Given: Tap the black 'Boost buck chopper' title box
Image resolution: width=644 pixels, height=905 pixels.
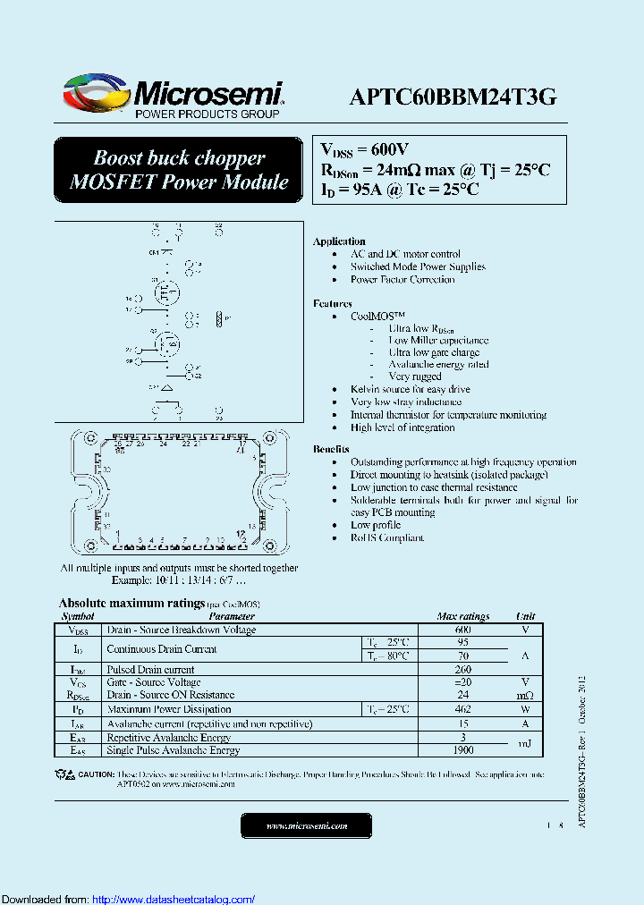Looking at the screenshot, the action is [x=179, y=170].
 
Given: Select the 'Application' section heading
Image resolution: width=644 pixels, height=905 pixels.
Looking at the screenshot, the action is [x=339, y=241].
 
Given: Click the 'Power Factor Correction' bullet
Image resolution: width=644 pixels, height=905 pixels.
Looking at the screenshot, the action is [x=402, y=280].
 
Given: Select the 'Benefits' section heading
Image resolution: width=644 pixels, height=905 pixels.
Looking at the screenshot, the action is [x=332, y=450].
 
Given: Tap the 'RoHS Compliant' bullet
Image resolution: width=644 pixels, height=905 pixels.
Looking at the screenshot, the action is [x=387, y=538].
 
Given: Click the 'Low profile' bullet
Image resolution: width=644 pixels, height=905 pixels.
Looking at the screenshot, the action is [x=376, y=526].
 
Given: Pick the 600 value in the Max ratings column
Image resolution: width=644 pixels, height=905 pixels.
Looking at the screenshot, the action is [x=462, y=630].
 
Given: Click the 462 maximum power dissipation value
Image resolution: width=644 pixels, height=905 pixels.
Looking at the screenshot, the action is [x=462, y=709].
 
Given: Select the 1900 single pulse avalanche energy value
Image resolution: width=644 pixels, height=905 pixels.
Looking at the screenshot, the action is [x=462, y=751].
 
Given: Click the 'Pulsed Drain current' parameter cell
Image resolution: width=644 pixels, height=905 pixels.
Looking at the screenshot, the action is [x=150, y=670].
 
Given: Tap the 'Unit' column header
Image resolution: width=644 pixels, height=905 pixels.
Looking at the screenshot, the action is [x=526, y=616].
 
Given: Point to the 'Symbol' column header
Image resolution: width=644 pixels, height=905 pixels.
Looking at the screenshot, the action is [x=78, y=616].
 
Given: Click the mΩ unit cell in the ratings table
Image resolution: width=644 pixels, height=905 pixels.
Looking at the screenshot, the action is [x=525, y=696].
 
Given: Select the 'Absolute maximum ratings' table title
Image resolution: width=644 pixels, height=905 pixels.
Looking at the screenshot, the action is [x=131, y=604].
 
